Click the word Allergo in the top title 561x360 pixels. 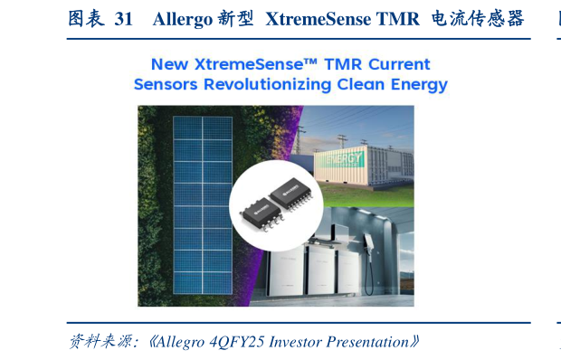pos(183,19)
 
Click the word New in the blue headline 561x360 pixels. pos(170,64)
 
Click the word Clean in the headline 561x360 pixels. pos(366,85)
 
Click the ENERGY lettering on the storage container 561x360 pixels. pos(345,158)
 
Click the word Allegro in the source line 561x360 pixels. pos(186,342)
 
